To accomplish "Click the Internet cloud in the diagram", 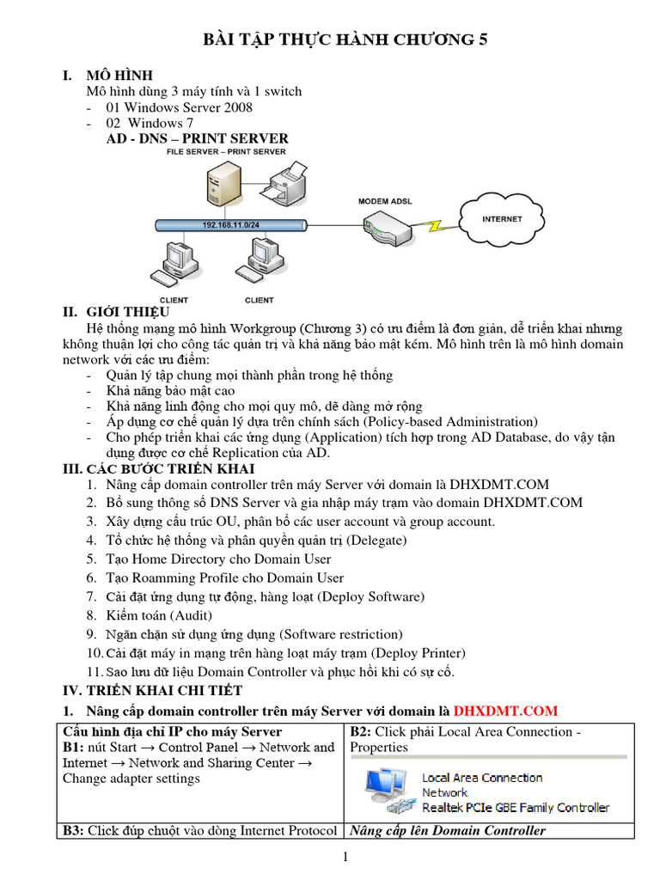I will coord(501,219).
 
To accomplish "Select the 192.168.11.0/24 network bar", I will coord(232,225).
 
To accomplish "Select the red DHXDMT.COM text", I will coord(505,711).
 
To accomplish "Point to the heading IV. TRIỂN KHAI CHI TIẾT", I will coord(154,690).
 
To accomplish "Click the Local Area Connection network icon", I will coord(388,791).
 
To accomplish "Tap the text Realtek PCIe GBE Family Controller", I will coord(516,807).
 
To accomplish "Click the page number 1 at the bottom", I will coord(345,857).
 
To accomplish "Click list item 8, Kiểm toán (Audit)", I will coord(159,615).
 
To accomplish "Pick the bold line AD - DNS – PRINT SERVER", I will coord(197,138).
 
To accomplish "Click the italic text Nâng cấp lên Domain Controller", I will coord(447,830).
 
